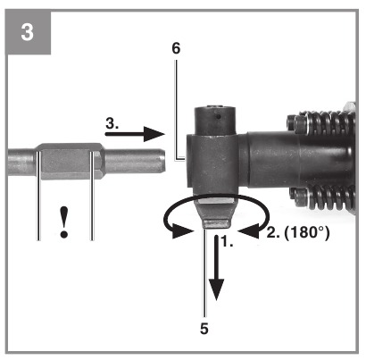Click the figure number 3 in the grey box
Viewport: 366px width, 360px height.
[27, 32]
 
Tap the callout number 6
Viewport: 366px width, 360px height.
[176, 48]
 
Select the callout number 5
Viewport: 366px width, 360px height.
[204, 329]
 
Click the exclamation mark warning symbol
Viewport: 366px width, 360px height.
[63, 222]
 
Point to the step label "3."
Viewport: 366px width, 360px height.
[112, 123]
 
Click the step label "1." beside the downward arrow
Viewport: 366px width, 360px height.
[227, 242]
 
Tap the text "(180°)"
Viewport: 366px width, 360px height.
[307, 232]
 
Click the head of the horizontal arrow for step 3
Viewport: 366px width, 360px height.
[154, 134]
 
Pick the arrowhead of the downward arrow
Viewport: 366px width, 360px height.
[217, 289]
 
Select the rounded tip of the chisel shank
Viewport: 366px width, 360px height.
[162, 160]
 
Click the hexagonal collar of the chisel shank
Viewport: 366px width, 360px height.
[70, 161]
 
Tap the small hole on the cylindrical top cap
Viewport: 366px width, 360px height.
[219, 117]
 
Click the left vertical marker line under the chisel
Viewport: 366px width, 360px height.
[38, 196]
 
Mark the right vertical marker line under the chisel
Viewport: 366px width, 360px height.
[92, 196]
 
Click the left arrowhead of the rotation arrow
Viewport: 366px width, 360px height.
[182, 231]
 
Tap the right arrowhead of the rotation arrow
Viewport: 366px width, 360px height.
[247, 231]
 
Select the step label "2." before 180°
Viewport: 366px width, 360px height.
[273, 232]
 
